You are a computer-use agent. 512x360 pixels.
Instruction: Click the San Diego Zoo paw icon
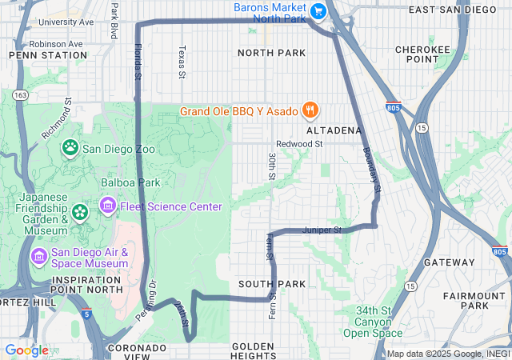71,147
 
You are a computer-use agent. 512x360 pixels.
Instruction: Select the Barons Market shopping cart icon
318,10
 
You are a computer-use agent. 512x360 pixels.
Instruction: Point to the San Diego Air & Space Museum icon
38,256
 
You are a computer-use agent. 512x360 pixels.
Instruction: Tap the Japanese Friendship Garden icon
80,212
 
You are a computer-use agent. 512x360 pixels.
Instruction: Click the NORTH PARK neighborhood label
271,53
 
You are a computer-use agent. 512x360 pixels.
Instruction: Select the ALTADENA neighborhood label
334,130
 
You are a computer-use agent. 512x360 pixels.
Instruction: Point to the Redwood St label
295,144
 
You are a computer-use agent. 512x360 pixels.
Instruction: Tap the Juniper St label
322,230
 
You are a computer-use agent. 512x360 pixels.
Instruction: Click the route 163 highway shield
21,95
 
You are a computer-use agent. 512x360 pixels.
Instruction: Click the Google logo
26,350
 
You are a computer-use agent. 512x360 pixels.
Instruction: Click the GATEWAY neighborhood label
449,262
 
